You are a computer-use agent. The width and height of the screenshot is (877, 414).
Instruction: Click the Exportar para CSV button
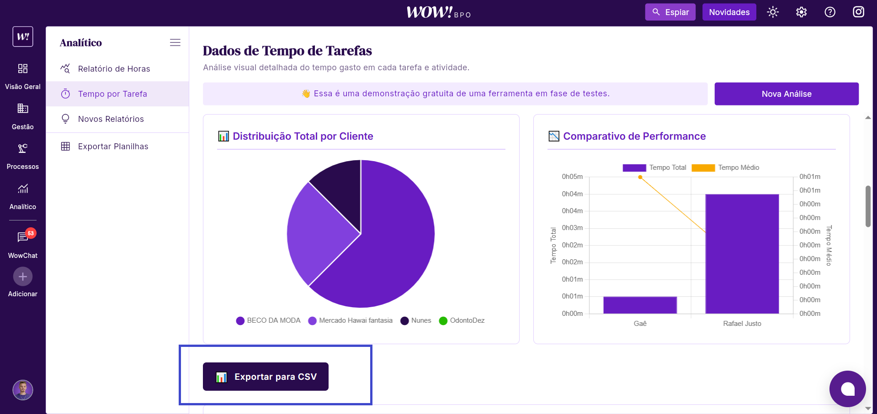click(x=266, y=377)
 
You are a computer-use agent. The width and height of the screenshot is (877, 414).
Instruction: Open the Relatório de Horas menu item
click(x=114, y=69)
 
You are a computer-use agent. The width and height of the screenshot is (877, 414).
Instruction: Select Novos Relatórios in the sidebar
click(x=111, y=119)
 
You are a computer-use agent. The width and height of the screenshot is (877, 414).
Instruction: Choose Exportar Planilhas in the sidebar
click(x=113, y=147)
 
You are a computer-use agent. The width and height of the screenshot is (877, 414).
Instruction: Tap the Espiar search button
click(x=670, y=12)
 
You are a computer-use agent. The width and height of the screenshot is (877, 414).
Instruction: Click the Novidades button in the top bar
click(x=729, y=12)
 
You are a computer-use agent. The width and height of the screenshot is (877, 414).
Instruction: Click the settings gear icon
click(x=801, y=12)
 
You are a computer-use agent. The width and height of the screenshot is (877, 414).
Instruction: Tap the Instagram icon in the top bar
click(x=858, y=12)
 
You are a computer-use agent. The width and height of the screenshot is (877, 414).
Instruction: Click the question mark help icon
click(x=829, y=12)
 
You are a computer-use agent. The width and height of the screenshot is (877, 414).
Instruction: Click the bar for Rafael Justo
click(x=742, y=254)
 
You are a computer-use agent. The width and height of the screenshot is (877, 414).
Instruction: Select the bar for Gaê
click(x=640, y=305)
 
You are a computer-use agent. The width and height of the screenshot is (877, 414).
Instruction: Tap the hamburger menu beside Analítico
click(x=175, y=42)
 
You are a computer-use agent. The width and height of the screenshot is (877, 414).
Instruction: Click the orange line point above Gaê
click(x=640, y=177)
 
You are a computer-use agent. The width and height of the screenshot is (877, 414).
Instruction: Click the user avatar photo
click(x=23, y=390)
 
